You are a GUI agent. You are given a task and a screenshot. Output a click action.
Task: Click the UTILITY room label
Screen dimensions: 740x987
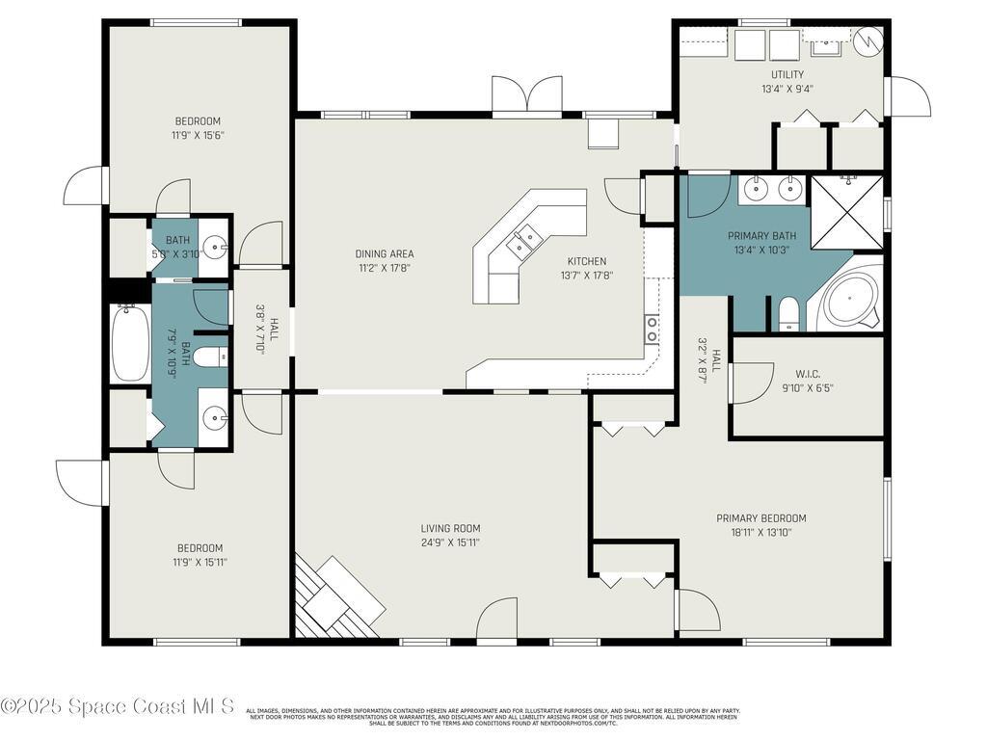[x=787, y=74]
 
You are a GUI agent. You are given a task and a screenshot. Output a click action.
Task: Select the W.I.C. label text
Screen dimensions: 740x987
[x=808, y=374]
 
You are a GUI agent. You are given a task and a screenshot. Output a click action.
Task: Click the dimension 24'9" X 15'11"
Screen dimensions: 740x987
[x=450, y=542]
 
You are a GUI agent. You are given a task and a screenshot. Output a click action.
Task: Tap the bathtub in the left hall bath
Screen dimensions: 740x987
[x=129, y=343]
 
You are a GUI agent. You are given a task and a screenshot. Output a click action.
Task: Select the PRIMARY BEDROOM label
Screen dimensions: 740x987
[x=760, y=518]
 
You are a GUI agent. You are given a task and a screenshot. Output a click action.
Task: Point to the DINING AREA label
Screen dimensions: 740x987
[x=384, y=254]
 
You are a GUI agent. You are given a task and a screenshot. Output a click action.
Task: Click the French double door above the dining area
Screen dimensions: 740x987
[x=526, y=96]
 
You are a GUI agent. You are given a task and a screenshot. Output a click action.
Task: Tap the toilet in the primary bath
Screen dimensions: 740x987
[x=788, y=313]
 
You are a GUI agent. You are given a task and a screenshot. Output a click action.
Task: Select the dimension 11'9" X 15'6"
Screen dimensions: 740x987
[x=200, y=135]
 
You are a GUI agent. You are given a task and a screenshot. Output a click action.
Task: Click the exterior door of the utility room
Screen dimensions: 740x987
[x=909, y=96]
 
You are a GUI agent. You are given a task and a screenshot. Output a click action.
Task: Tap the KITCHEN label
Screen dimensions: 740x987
[x=586, y=261]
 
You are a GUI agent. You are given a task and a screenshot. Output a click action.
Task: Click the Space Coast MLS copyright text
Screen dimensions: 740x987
[x=118, y=706]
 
